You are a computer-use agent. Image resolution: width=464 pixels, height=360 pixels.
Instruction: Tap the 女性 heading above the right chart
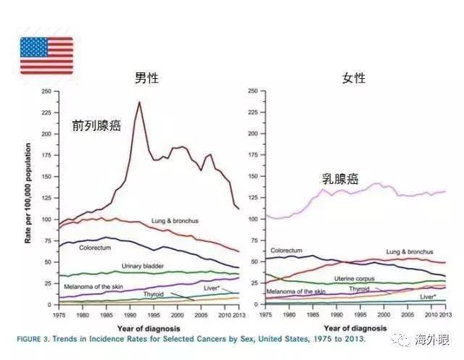pyautogui.click(x=354, y=78)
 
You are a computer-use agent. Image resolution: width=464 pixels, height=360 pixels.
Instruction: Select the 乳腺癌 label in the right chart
pyautogui.click(x=340, y=179)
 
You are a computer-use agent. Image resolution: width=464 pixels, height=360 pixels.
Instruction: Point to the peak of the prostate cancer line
pyautogui.click(x=139, y=102)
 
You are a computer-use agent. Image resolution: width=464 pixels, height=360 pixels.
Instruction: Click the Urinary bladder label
pyautogui.click(x=142, y=266)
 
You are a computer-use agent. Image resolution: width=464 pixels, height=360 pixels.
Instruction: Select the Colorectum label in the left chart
pyautogui.click(x=96, y=248)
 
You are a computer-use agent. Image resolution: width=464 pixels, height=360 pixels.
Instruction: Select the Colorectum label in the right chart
pyautogui.click(x=286, y=250)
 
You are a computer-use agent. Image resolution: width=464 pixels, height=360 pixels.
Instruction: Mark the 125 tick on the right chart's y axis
pyautogui.click(x=253, y=197)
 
